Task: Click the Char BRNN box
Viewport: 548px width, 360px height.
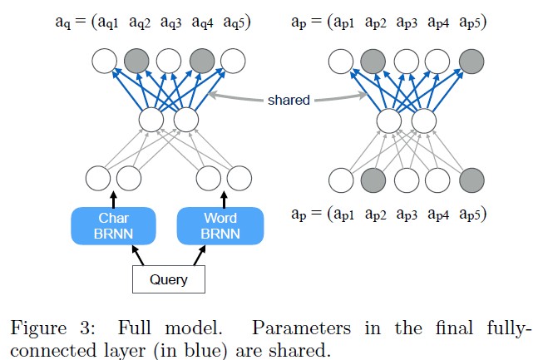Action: tap(114, 226)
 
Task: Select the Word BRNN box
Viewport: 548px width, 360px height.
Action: tap(221, 226)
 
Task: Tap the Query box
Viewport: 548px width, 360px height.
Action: tap(168, 280)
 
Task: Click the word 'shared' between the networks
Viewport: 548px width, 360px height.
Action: tap(289, 100)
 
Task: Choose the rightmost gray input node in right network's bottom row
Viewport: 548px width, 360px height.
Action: tap(471, 178)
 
